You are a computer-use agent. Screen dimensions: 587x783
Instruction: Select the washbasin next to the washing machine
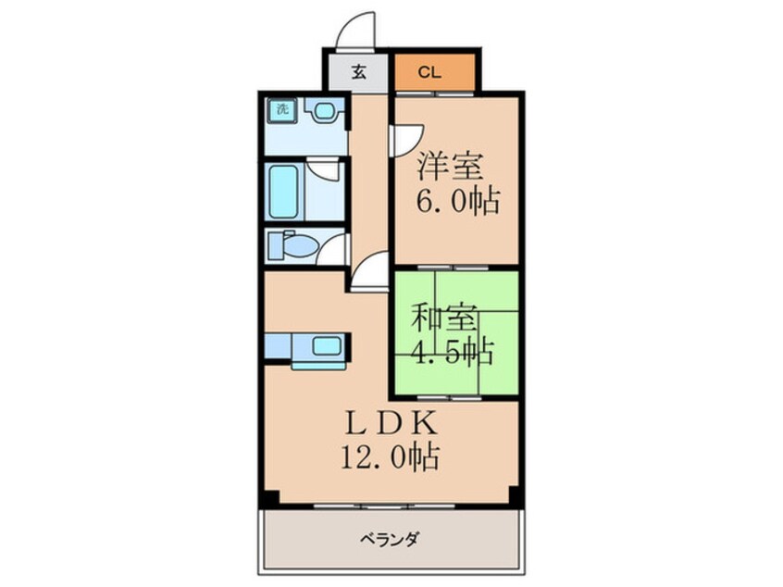coord(323,112)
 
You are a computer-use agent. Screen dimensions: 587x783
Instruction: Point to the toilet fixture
coord(293,245)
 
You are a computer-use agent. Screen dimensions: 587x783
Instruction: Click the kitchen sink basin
coord(326,347)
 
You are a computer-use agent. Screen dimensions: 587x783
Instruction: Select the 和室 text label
coord(445,319)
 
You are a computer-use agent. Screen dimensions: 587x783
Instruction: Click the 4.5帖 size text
coord(452,352)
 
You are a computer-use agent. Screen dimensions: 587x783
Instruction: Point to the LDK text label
coord(390,422)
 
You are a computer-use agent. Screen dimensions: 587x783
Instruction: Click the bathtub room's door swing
coord(323,173)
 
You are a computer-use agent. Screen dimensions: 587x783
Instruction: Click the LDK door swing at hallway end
coord(368,270)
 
